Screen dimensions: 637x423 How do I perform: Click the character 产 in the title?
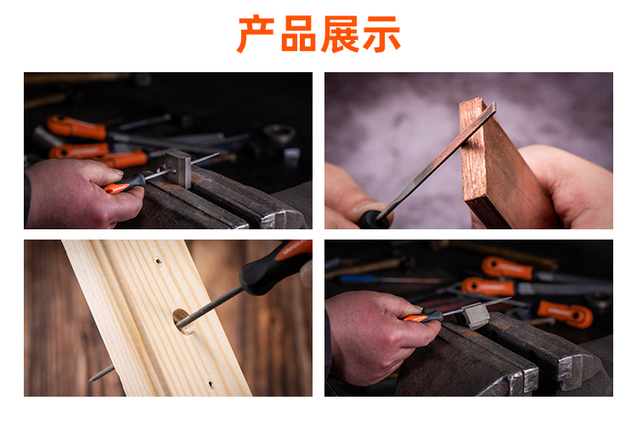pyautogui.click(x=256, y=34)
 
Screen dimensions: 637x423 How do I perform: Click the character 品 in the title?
pyautogui.click(x=298, y=34)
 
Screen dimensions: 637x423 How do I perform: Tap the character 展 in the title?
pyautogui.click(x=341, y=34)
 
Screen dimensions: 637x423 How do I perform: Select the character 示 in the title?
pyautogui.click(x=382, y=34)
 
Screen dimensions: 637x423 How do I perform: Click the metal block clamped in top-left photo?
pyautogui.click(x=178, y=168)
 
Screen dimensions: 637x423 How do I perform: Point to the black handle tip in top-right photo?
pyautogui.click(x=373, y=220)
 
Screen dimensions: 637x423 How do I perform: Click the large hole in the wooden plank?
pyautogui.click(x=182, y=320)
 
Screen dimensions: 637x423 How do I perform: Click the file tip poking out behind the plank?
pyautogui.click(x=102, y=373)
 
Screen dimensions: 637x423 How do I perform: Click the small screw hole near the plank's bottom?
pyautogui.click(x=211, y=384)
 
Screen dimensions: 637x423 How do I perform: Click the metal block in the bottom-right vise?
pyautogui.click(x=474, y=314)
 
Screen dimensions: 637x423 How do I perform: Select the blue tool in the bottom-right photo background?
pyautogui.click(x=358, y=279)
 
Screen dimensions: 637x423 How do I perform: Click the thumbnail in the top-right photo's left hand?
pyautogui.click(x=365, y=207)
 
